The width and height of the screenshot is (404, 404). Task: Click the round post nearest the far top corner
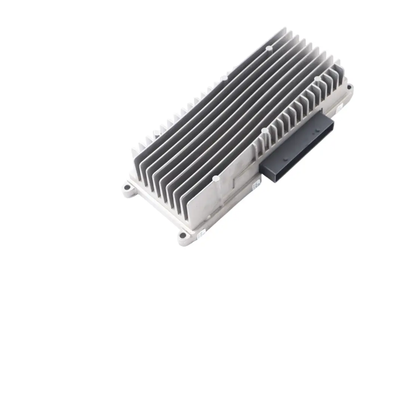269,48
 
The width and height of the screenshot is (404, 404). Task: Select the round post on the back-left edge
224,78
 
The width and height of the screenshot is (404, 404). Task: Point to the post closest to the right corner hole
317,79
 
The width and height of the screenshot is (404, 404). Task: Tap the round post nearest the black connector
264,131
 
